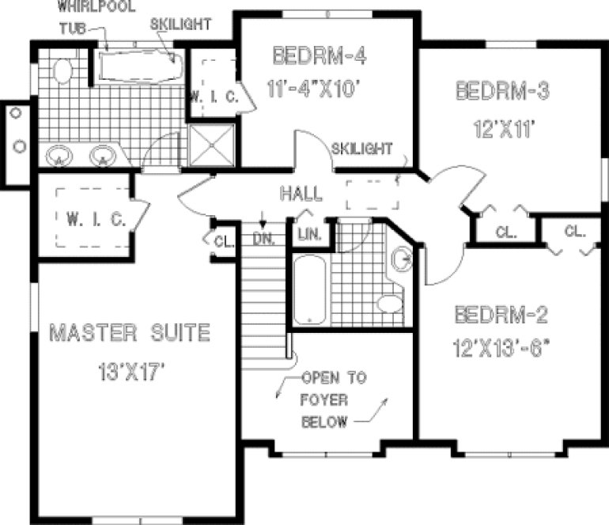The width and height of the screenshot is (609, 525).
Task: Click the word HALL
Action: [x=301, y=194]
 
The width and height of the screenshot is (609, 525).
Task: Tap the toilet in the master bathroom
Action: [x=61, y=72]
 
